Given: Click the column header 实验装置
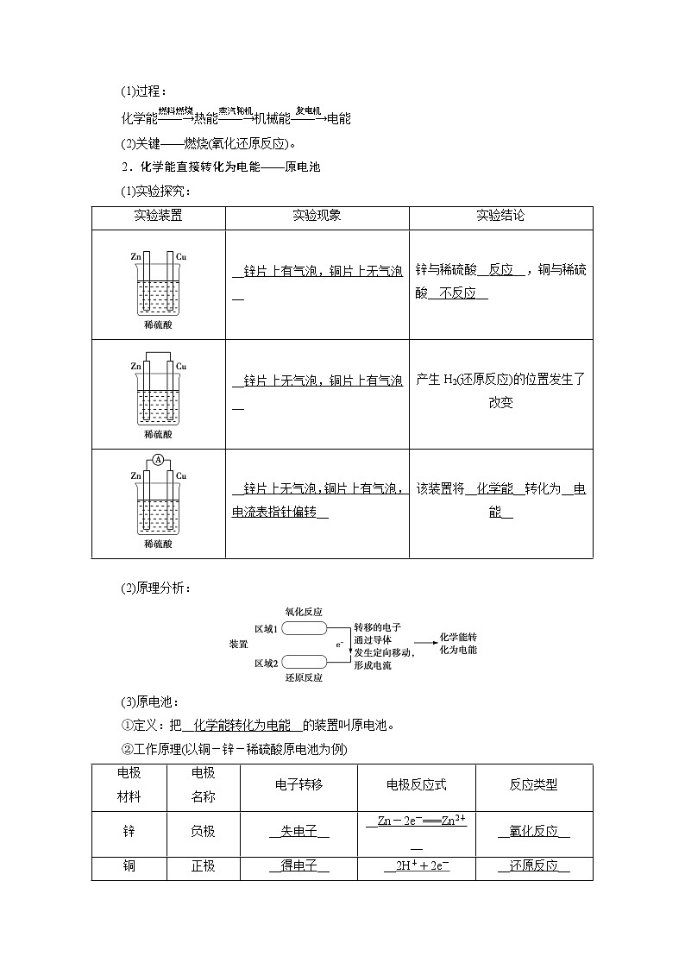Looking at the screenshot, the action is pyautogui.click(x=158, y=217).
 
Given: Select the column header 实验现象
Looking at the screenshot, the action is pyautogui.click(x=317, y=217).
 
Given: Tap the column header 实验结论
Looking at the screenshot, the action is pyautogui.click(x=500, y=217).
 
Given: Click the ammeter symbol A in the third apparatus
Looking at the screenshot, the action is pyautogui.click(x=158, y=461).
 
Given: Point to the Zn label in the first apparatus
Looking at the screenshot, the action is pyautogui.click(x=135, y=256).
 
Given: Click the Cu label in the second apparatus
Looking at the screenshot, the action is pyautogui.click(x=181, y=366).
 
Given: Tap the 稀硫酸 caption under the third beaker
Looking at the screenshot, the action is pyautogui.click(x=158, y=544).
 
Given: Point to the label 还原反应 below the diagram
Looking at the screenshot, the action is pyautogui.click(x=304, y=678).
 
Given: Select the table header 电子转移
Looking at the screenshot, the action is pyautogui.click(x=299, y=785).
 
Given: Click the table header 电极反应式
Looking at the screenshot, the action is pyautogui.click(x=416, y=785).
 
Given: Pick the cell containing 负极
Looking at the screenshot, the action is pyautogui.click(x=203, y=831).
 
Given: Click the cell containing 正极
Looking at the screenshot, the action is pyautogui.click(x=203, y=866).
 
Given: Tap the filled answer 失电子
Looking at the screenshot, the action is pyautogui.click(x=299, y=831).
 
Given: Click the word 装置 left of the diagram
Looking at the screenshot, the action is pyautogui.click(x=239, y=645).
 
